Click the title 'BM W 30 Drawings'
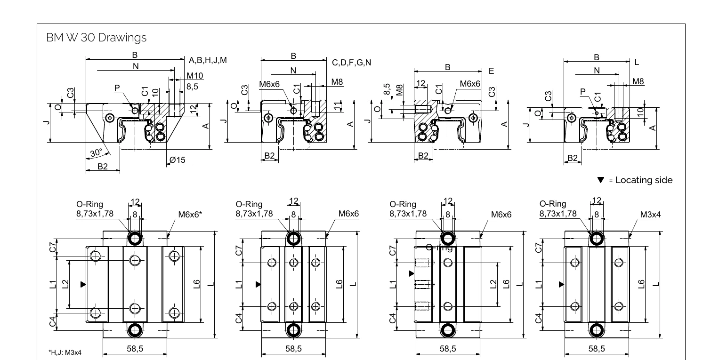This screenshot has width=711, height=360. [96, 38]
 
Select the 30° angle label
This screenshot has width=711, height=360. [96, 152]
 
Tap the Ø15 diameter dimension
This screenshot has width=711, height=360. [178, 160]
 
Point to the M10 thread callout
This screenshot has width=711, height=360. [194, 76]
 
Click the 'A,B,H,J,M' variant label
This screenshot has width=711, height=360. [208, 60]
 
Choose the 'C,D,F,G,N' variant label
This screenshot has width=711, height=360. [351, 63]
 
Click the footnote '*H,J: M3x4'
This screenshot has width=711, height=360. [65, 352]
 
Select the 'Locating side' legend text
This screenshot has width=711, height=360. [644, 180]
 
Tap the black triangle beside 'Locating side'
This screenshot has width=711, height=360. [600, 180]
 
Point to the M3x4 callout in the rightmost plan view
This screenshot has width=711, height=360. [650, 215]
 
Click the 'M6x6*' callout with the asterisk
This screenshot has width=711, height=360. [190, 215]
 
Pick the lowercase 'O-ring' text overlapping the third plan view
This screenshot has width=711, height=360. [439, 248]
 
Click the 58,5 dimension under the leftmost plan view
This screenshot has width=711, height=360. [135, 349]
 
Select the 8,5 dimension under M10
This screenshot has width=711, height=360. [193, 87]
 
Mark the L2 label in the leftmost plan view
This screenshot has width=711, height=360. [65, 284]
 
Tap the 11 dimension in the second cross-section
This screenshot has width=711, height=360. [337, 106]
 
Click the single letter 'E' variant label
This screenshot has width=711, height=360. [492, 71]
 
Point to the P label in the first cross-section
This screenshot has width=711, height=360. [117, 88]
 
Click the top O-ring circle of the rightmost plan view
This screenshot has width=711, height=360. [597, 239]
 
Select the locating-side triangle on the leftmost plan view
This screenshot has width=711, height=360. [83, 285]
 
